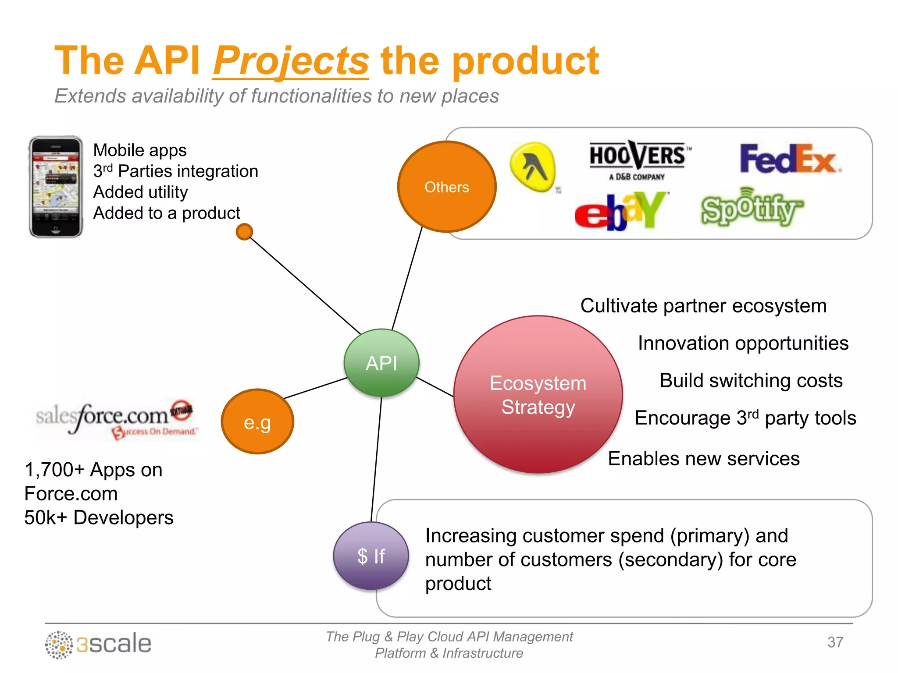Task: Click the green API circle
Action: [381, 363]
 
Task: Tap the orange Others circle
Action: [446, 187]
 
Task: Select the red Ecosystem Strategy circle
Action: [538, 394]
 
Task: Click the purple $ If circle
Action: [371, 556]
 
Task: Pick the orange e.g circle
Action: [257, 422]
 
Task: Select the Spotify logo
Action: [751, 208]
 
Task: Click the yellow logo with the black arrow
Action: [533, 167]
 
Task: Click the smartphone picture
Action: [56, 187]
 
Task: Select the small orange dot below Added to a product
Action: [244, 232]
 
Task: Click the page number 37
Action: [835, 642]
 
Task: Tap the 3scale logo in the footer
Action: [99, 644]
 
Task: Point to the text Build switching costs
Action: [751, 380]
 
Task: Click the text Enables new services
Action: [703, 459]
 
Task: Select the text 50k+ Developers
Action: [99, 517]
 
